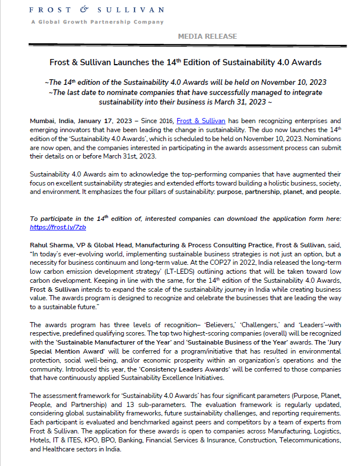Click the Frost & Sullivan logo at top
click(97, 10)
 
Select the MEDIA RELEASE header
click(207, 37)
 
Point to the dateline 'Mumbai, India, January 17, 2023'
click(82, 121)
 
